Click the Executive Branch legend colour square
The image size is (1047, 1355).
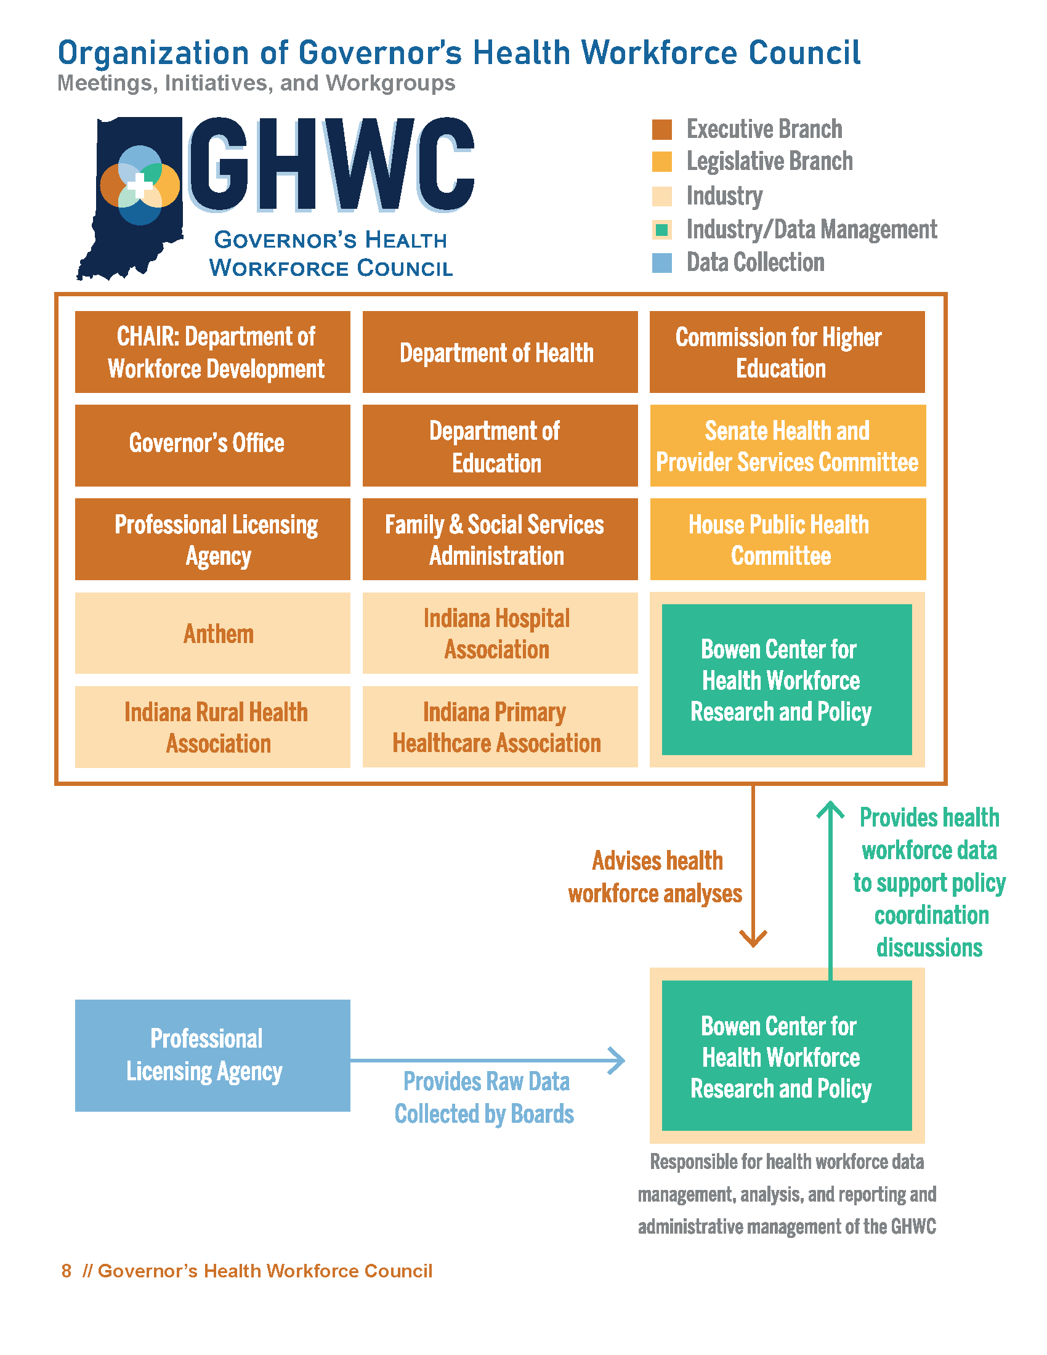pyautogui.click(x=662, y=130)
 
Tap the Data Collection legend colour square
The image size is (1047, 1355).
pyautogui.click(x=662, y=263)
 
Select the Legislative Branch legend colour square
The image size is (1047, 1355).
pyautogui.click(x=662, y=162)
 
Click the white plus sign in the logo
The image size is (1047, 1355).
pyautogui.click(x=140, y=185)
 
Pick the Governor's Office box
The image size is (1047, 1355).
pyautogui.click(x=212, y=445)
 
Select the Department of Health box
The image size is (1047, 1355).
pyautogui.click(x=499, y=352)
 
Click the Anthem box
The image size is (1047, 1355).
pyautogui.click(x=212, y=633)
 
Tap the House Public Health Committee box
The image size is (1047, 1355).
pyautogui.click(x=787, y=538)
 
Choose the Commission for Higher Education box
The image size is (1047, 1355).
pyautogui.click(x=786, y=352)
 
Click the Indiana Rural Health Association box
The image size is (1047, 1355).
pyautogui.click(x=212, y=727)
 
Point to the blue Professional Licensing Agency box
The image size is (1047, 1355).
pyautogui.click(x=212, y=1054)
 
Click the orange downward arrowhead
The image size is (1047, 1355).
pyautogui.click(x=753, y=939)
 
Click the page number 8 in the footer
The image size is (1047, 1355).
pyautogui.click(x=67, y=1271)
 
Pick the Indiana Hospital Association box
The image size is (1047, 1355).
pyautogui.click(x=499, y=633)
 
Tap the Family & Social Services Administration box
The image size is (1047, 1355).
pyautogui.click(x=499, y=538)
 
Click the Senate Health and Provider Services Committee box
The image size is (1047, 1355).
pyautogui.click(x=787, y=445)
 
